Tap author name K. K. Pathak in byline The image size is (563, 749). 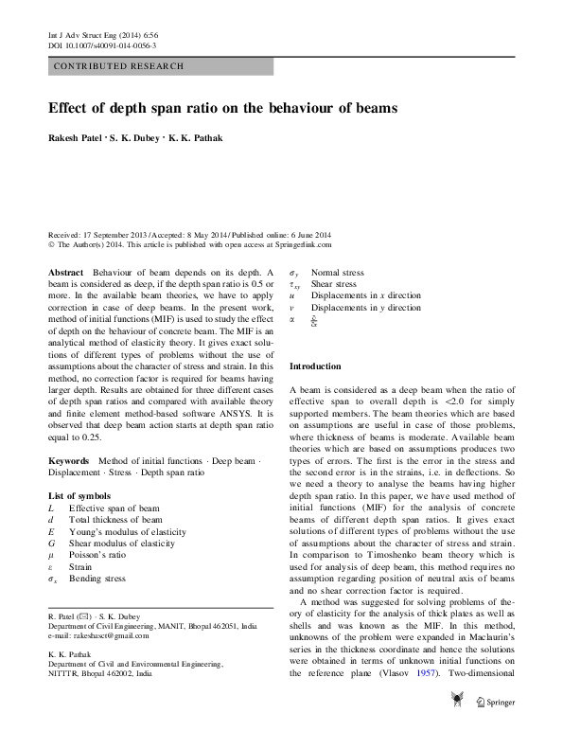pyautogui.click(x=196, y=138)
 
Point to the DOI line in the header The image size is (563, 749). pyautogui.click(x=102, y=45)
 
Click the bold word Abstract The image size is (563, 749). pyautogui.click(x=66, y=272)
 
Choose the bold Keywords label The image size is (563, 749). pyautogui.click(x=68, y=459)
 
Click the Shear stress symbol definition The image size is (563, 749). pyautogui.click(x=334, y=284)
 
